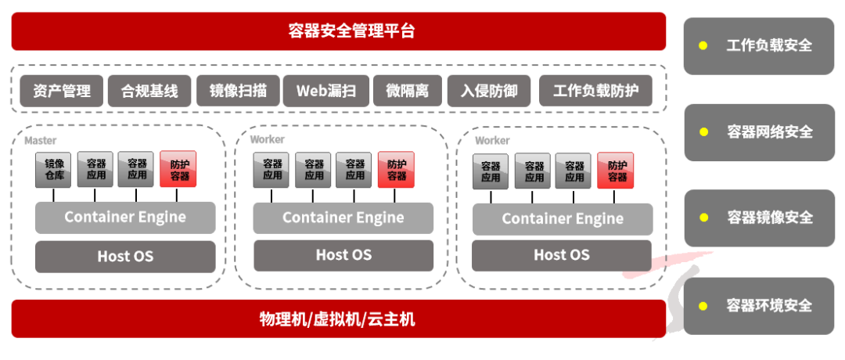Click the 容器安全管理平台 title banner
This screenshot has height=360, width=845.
[x=338, y=31]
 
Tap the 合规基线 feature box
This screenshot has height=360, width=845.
[x=149, y=91]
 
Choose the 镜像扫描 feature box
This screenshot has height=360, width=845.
[x=238, y=91]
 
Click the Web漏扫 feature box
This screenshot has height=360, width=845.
[x=326, y=91]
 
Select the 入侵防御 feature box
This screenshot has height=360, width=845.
[x=488, y=91]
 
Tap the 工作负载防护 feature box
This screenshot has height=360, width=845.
[x=595, y=91]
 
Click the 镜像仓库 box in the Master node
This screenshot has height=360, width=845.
[x=53, y=169]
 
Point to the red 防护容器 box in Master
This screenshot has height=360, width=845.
[x=178, y=169]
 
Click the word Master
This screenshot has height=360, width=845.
[x=40, y=141]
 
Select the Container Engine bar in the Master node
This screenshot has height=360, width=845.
[x=125, y=217]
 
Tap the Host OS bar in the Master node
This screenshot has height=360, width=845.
[x=125, y=256]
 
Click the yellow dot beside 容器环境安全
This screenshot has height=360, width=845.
[x=703, y=305]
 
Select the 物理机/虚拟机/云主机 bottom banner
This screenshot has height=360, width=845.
[x=338, y=319]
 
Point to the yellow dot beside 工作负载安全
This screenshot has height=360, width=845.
[x=703, y=45]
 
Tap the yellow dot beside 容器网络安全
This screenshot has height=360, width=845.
[x=703, y=131]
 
